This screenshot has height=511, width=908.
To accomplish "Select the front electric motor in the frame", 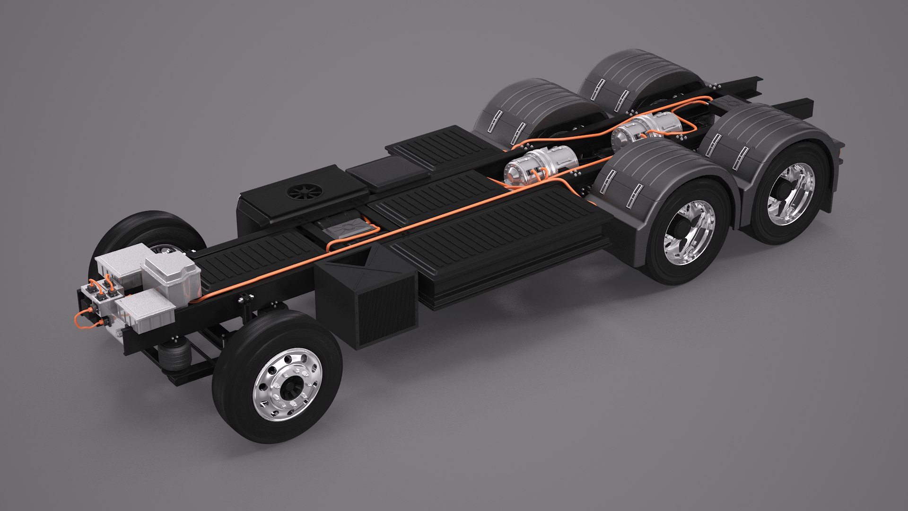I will point(541,166).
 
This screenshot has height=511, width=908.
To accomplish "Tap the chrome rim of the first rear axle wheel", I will point(689,232).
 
